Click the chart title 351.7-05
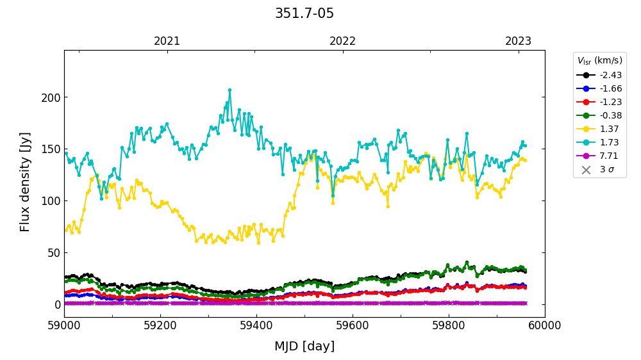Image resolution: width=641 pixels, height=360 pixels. coord(304,13)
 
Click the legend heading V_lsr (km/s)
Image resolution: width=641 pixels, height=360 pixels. coord(599,61)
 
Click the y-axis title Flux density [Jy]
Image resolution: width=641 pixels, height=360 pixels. coord(25,182)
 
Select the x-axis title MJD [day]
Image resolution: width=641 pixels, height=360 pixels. coord(304,347)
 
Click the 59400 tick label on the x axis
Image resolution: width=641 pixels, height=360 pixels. coord(256,325)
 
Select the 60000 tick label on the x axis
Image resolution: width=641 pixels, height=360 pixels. coord(545,325)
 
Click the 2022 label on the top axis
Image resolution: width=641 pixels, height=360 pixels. coord(343,42)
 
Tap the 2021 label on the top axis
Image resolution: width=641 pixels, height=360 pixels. coord(167,42)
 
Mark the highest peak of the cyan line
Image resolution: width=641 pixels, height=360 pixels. coord(229,90)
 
